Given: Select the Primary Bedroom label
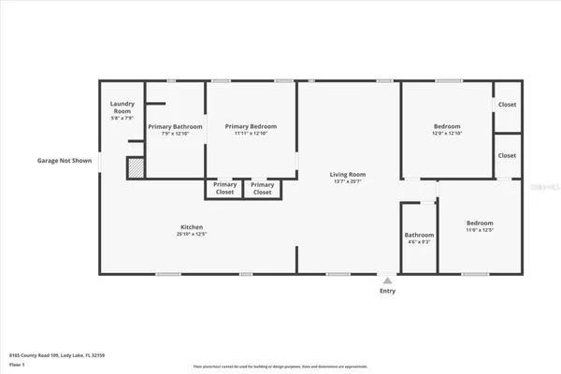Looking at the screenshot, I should pos(251,126).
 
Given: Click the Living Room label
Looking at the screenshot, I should pos(347,174).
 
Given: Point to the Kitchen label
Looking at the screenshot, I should pos(192,227).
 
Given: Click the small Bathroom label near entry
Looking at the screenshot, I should pos(419,235).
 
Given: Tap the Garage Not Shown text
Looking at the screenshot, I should pos(65,161).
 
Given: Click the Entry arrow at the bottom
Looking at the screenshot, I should pos(387,280).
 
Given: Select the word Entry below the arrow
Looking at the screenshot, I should pos(387,291).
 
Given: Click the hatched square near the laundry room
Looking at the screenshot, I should pos(136,167).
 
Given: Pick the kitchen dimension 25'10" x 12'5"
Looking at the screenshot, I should pos(192,235).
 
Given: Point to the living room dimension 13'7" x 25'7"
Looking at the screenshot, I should pos(347,181).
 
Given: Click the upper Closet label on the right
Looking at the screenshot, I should pos(507,105).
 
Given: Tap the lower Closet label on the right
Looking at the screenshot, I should pos(507,155).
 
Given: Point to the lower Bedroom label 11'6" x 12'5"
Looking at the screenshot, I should pos(480,223).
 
